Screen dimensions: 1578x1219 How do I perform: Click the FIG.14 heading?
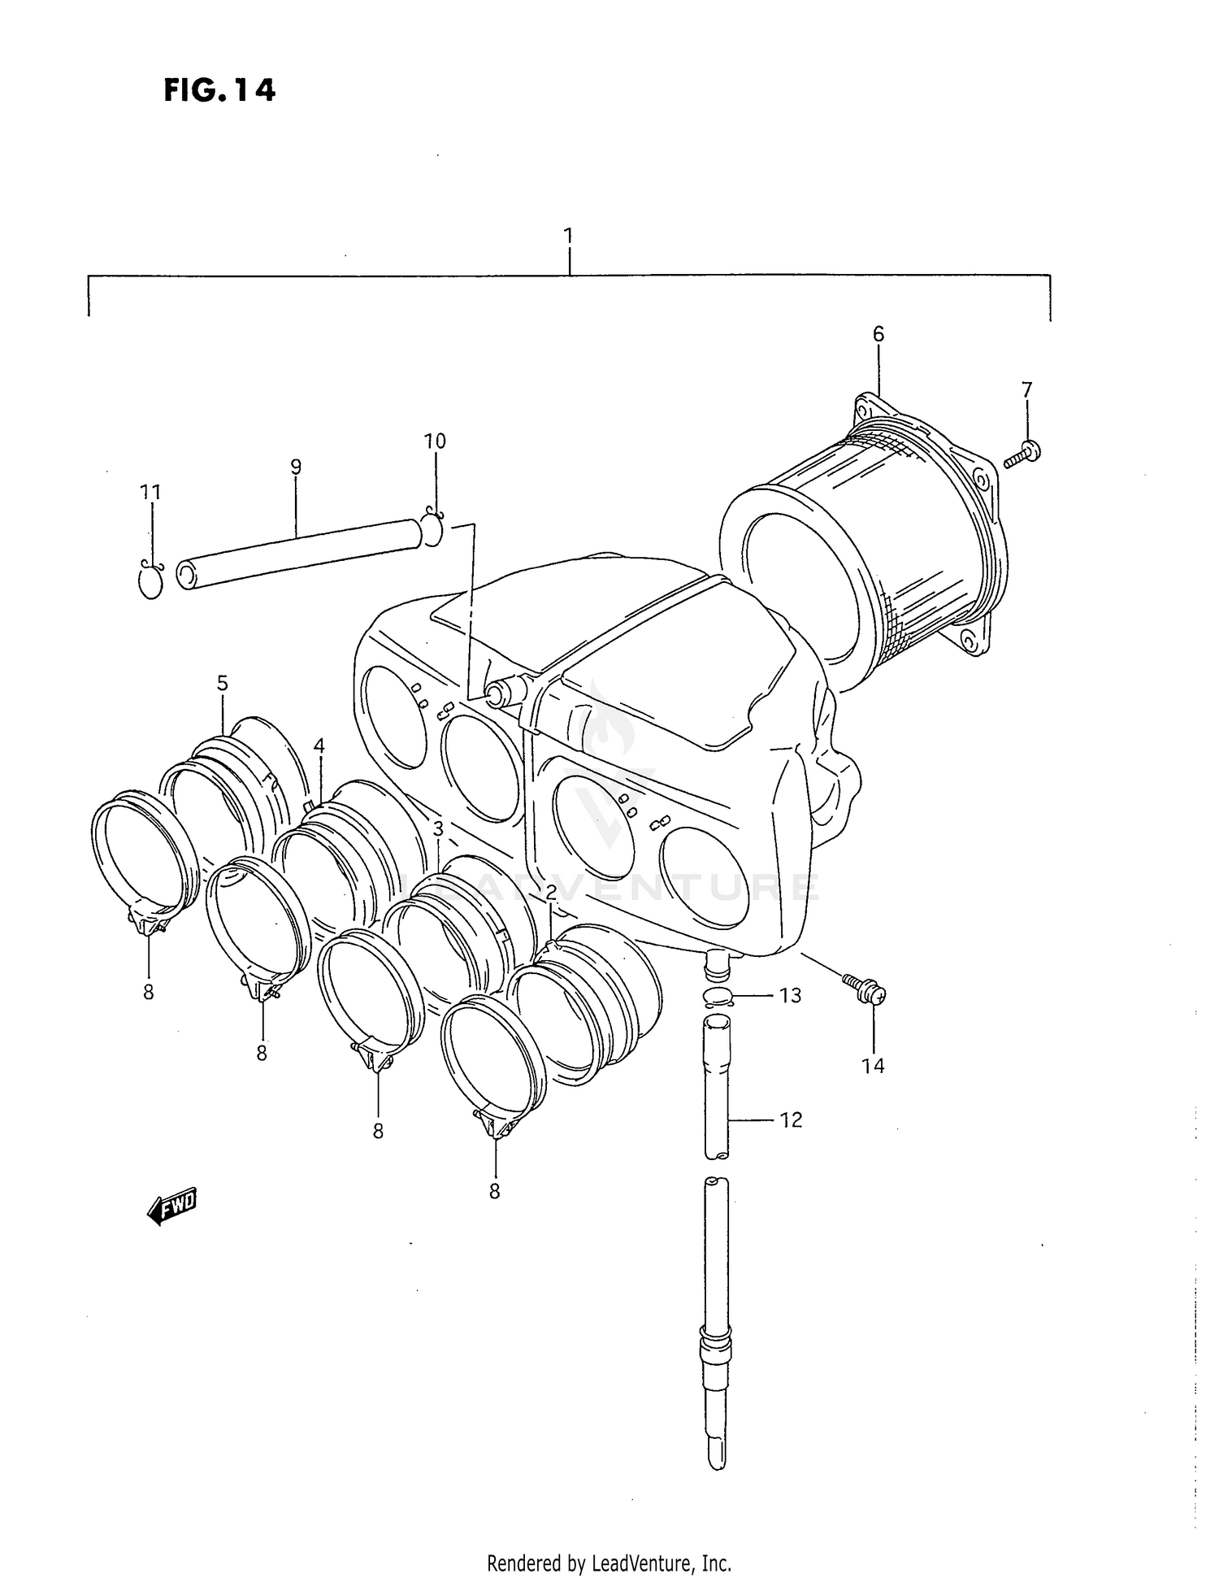219,90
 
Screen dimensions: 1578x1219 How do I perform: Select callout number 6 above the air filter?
878,334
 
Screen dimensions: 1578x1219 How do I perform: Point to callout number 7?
1026,389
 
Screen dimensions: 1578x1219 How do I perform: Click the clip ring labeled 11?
151,579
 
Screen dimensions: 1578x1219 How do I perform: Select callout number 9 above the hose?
296,467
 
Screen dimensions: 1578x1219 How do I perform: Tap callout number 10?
435,441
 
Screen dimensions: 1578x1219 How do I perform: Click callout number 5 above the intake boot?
223,683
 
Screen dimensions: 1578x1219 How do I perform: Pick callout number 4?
319,746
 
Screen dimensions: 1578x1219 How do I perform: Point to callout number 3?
437,829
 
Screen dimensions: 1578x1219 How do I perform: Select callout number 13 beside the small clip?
790,995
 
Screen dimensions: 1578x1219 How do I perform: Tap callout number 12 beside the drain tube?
791,1119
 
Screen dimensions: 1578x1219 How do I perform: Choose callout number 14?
873,1066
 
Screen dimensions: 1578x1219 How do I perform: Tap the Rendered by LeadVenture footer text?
609,1563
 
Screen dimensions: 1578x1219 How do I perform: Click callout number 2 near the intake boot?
551,893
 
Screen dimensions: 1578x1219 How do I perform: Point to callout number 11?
150,492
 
